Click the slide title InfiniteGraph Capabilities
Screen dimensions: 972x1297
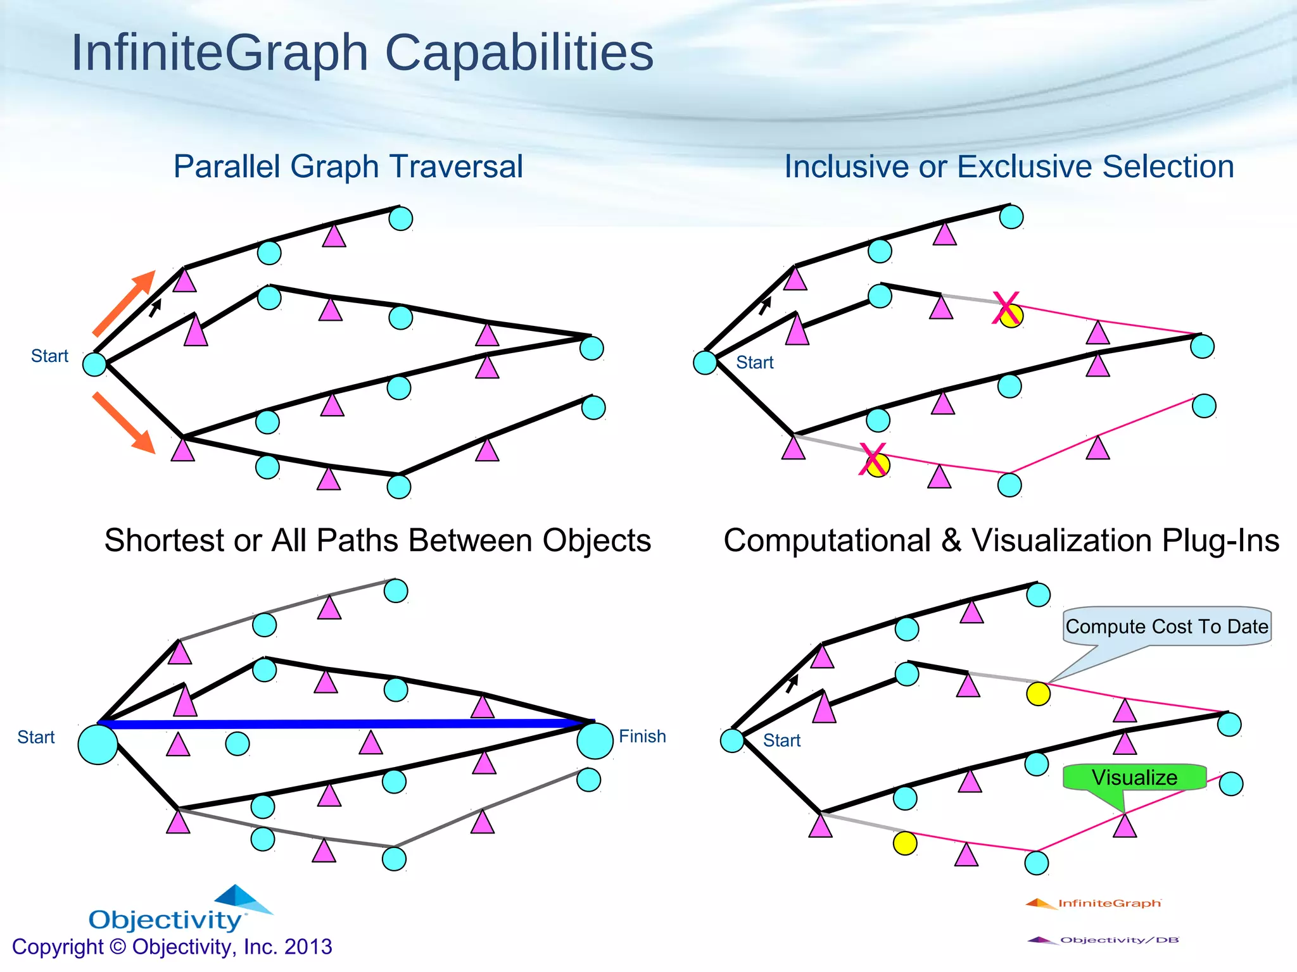tap(362, 53)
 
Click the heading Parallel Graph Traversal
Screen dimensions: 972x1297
tap(348, 167)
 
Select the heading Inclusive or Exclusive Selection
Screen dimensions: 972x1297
tap(1009, 167)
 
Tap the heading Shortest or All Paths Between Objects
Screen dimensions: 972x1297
tap(377, 541)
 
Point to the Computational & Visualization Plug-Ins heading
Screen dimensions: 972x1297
tap(1001, 541)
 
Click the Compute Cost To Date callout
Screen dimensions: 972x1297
tap(1167, 626)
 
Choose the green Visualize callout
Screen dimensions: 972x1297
tap(1134, 778)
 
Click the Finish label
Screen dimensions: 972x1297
tap(642, 737)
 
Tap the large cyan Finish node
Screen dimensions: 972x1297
tap(595, 741)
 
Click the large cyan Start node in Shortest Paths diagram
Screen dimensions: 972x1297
tap(98, 744)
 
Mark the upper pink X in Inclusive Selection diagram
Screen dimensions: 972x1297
tap(1006, 308)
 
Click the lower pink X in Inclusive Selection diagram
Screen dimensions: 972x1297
tap(873, 459)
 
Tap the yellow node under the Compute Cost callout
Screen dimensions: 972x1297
tap(1038, 694)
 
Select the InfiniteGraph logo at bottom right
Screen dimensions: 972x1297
tap(1094, 903)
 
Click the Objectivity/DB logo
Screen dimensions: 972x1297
tap(1103, 940)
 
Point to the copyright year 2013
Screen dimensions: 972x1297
tap(308, 947)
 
